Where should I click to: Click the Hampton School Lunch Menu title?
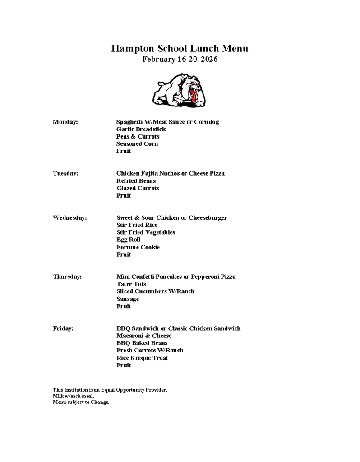tap(180, 49)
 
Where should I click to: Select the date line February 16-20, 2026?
tap(180, 59)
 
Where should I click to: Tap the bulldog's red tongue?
tap(193, 96)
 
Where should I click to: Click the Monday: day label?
tap(65, 122)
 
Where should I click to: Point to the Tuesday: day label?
tap(65, 173)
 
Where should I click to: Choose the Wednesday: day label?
tap(70, 217)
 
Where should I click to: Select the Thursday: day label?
tap(68, 277)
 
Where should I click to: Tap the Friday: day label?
tap(63, 328)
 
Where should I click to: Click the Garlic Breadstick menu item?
tap(141, 129)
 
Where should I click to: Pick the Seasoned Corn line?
tap(137, 144)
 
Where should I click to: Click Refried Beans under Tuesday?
tap(136, 181)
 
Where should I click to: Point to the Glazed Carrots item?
tap(138, 188)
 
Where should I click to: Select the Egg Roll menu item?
tap(128, 240)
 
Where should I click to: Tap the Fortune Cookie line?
tap(138, 247)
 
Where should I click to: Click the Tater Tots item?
tap(131, 284)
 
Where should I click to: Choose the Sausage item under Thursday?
tap(128, 299)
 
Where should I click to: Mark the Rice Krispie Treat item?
tap(142, 358)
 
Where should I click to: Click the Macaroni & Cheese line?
tap(144, 336)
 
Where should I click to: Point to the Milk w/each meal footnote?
tap(74, 396)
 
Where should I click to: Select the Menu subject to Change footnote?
tap(81, 402)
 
